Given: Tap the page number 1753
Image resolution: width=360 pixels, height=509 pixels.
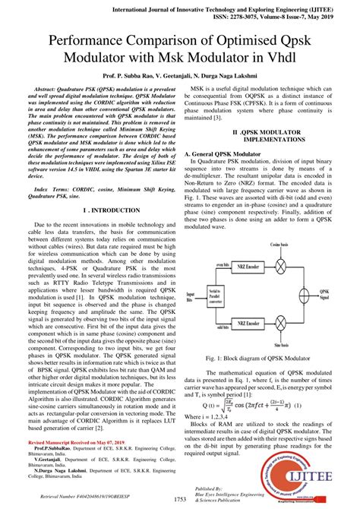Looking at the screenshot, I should coord(180,498).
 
